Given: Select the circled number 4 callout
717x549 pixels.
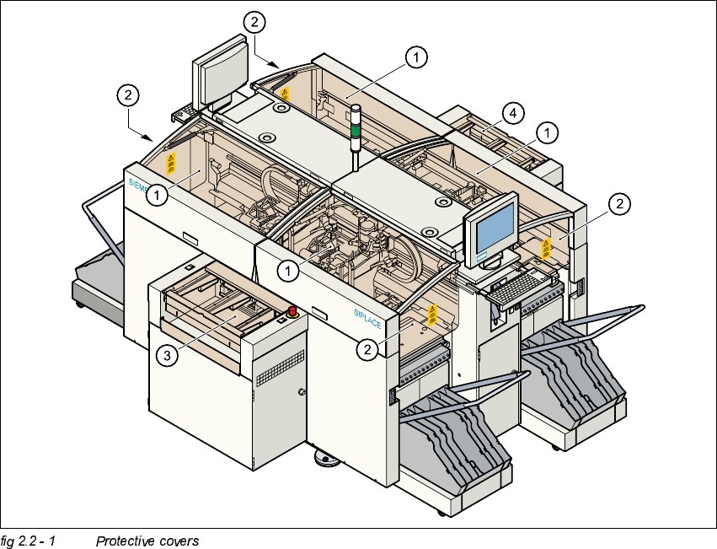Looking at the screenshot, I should pyautogui.click(x=509, y=111).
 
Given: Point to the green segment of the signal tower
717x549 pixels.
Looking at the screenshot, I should pyautogui.click(x=356, y=131).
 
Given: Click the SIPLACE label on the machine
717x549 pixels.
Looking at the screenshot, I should pyautogui.click(x=369, y=317).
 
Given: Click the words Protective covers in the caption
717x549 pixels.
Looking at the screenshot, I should pyautogui.click(x=147, y=541).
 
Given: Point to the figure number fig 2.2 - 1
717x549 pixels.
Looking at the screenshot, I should pyautogui.click(x=28, y=541).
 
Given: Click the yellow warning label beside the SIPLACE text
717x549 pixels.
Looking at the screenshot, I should pyautogui.click(x=433, y=315).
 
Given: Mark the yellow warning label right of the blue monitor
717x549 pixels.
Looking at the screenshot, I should pyautogui.click(x=546, y=249).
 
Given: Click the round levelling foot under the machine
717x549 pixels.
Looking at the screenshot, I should pyautogui.click(x=325, y=458).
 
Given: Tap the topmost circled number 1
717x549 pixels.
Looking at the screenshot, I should pyautogui.click(x=415, y=57).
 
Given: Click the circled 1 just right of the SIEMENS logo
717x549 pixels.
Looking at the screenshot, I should pyautogui.click(x=157, y=196).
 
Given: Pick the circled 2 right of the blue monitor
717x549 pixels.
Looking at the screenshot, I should pyautogui.click(x=618, y=203).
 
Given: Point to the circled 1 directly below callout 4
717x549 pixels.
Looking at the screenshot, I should pyautogui.click(x=548, y=132).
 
